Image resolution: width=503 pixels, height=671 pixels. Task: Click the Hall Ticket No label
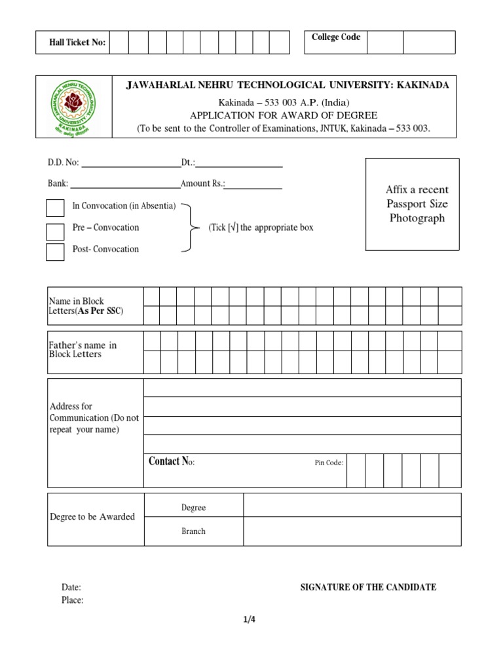[x=77, y=43]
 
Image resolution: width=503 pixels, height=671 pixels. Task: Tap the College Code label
[x=335, y=37]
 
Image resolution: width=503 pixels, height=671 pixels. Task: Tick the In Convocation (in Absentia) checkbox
[x=55, y=208]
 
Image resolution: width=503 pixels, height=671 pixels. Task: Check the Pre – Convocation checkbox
[x=55, y=231]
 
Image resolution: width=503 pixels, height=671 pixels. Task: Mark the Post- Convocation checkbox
[x=55, y=252]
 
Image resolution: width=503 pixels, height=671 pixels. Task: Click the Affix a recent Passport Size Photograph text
[x=417, y=204]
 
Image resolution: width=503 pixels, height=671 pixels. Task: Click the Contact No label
[x=172, y=462]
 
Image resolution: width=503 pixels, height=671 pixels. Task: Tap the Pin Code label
[x=329, y=463]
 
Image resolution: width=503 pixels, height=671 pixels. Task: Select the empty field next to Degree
[x=352, y=505]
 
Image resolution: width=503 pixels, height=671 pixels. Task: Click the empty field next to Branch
[x=352, y=531]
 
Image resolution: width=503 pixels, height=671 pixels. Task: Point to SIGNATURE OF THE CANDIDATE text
[x=368, y=587]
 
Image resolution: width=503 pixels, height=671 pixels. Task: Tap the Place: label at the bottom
[x=72, y=600]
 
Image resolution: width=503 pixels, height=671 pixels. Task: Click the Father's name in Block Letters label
[x=83, y=350]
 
